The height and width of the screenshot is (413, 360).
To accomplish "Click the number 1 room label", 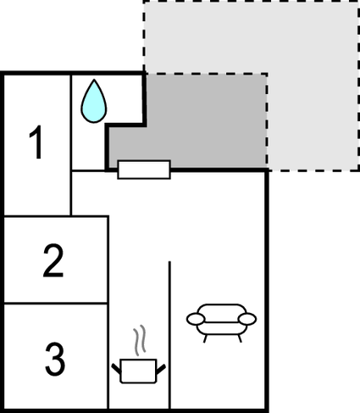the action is (x=36, y=142).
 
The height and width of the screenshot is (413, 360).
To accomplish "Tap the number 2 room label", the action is (x=53, y=260).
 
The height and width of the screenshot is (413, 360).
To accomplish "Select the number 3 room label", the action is (x=55, y=359).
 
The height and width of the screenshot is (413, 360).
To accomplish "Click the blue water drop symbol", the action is (x=94, y=102).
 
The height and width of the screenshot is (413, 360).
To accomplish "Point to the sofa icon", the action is (x=221, y=323).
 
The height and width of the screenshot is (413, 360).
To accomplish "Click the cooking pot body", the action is (x=138, y=371).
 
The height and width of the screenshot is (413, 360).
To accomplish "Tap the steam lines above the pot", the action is (x=140, y=340).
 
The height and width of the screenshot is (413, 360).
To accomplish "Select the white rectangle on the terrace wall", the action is (x=144, y=170).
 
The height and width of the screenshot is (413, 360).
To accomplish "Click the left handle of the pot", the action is (x=116, y=368).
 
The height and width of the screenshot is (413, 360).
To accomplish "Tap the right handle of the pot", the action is (x=161, y=369).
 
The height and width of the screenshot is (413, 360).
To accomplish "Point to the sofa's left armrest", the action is (x=195, y=319).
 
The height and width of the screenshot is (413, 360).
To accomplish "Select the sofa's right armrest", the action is (x=247, y=319).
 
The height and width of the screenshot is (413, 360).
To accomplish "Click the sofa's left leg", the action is (x=205, y=338).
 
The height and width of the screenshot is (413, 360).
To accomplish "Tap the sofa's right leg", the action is (x=240, y=338).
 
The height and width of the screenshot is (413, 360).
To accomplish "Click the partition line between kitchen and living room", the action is (x=169, y=335).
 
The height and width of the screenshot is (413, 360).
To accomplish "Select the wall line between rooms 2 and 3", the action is (x=55, y=304).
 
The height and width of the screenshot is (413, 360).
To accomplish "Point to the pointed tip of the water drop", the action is (x=94, y=80).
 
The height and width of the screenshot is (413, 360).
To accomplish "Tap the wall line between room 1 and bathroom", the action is (x=71, y=145).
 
